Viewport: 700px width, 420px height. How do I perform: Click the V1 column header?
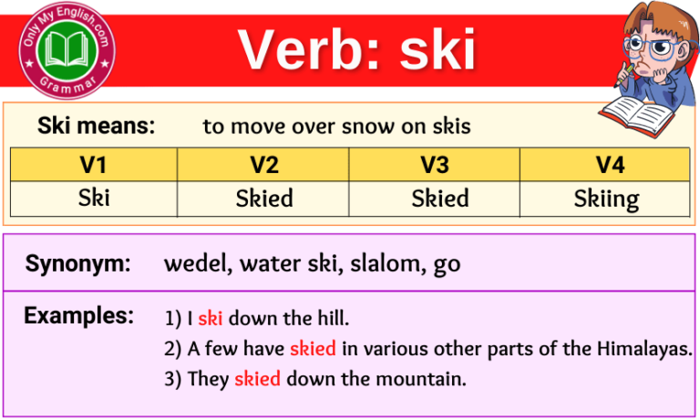(93, 165)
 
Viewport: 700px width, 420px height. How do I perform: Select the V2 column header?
(262, 165)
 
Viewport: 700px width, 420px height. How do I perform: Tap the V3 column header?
(434, 165)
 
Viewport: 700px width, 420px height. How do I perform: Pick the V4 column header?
(604, 165)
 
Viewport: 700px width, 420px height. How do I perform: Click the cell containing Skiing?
(606, 199)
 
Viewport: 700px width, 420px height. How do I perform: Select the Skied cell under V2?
(262, 199)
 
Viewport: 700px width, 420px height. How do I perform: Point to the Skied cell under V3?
(440, 199)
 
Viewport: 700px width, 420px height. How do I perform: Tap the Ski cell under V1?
(93, 199)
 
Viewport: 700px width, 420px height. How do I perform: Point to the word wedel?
(195, 265)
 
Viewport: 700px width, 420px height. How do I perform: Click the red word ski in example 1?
(211, 319)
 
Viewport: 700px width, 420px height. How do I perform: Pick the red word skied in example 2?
(313, 349)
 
